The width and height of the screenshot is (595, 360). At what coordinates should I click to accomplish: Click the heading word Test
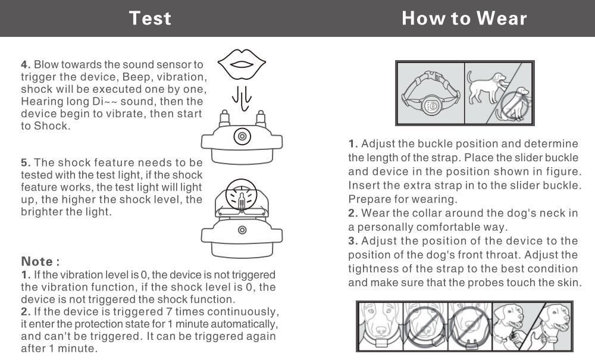150,18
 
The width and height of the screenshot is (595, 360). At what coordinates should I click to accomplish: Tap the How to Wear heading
464,18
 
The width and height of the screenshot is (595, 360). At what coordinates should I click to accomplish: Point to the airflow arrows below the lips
241,95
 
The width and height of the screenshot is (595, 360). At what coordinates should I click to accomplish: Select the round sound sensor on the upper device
242,136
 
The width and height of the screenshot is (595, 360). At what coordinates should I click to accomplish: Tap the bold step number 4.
26,64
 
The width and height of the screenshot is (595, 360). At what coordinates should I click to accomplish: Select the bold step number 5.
26,162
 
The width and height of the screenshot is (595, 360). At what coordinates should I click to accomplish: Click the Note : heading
40,261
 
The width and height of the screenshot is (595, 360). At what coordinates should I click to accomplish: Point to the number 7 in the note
171,312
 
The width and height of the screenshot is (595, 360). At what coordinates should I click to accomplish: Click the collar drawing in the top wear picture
430,94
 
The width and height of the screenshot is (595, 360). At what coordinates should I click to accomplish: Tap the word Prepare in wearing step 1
368,199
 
